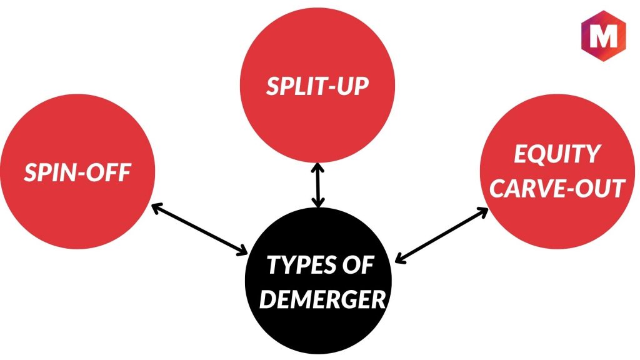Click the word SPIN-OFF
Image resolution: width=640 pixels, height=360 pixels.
coord(77,172)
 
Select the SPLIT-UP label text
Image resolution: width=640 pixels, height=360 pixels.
coord(317,86)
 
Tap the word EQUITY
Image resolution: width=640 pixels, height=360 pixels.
coord(557,154)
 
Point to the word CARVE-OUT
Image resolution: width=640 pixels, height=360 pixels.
coord(557,188)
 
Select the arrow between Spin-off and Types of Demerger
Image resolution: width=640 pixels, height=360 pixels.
coord(199,229)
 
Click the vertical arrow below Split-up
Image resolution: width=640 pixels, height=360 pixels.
coord(319,184)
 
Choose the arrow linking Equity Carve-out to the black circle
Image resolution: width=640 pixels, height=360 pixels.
coord(442,234)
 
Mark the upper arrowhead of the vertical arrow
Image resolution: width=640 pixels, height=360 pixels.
coord(319,167)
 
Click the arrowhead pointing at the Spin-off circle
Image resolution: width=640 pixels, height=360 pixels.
coord(156,207)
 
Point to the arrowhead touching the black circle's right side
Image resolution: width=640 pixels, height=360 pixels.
coord(401,257)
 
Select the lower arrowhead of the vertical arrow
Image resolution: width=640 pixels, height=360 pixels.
coord(319,202)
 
